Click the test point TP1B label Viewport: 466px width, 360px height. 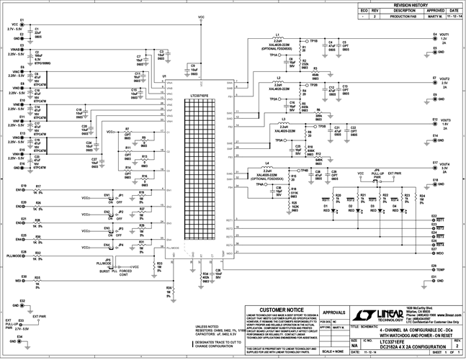click(313, 42)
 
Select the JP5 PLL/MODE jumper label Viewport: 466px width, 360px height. click(108, 261)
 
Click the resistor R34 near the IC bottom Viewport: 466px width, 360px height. click(205, 274)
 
